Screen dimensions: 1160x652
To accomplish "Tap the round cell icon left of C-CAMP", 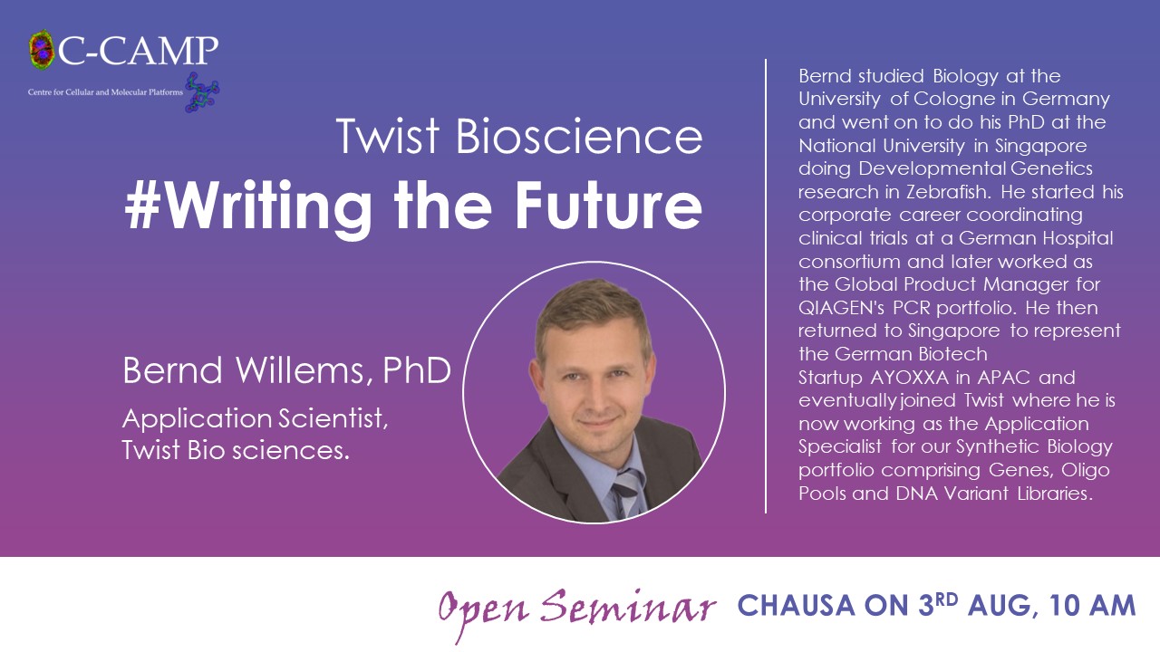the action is point(42,50).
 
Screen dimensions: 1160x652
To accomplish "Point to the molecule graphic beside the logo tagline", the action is point(202,92).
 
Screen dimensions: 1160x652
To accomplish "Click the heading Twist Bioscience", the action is point(519,136).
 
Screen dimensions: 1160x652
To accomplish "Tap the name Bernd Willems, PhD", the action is point(287,370).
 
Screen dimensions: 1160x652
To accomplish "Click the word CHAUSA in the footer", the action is point(796,606).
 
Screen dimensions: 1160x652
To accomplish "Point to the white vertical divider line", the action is point(766,286).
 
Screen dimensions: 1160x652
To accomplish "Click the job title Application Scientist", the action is point(256,418).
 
